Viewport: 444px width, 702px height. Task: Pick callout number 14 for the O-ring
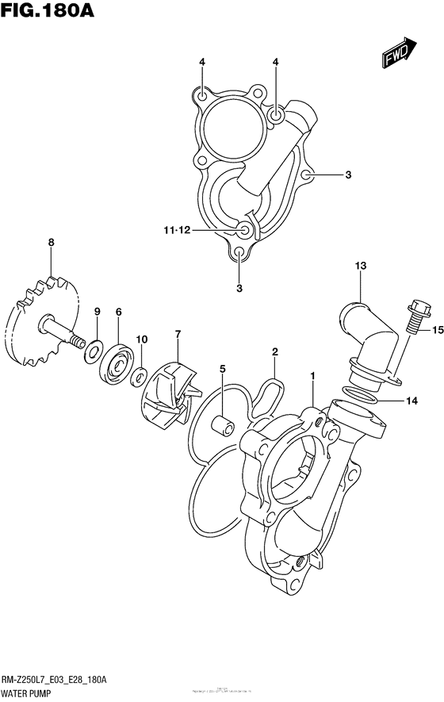point(411,401)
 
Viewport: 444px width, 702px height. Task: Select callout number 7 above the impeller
point(178,334)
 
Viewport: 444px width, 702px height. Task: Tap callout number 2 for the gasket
point(274,351)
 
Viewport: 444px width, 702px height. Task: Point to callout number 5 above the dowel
point(223,369)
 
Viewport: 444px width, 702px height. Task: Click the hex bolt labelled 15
point(417,313)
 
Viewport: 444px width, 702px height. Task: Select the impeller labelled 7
point(168,397)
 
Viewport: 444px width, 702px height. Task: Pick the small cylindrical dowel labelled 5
point(224,419)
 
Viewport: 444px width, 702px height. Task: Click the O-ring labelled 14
point(362,393)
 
